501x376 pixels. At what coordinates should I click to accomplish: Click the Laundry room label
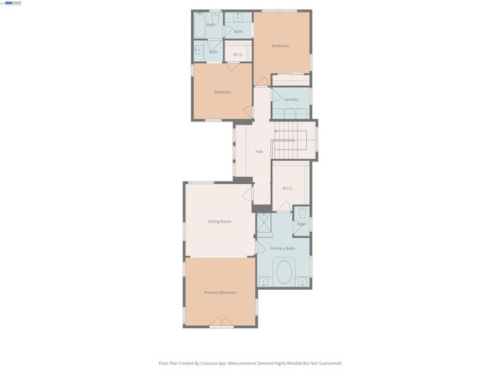coord(291,99)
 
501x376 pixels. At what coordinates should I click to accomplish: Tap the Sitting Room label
coord(219,222)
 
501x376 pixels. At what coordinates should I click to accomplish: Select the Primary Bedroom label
coord(220,292)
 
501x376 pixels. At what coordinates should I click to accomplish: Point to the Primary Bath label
coord(283,248)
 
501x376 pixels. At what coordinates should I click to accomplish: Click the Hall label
coord(259,152)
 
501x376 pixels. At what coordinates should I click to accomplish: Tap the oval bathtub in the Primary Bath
coord(283,273)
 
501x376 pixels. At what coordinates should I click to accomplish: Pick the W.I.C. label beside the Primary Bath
coord(287,188)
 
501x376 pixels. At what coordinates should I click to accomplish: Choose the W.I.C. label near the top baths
coord(238,55)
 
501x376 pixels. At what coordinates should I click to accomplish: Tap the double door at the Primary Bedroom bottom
coord(222,321)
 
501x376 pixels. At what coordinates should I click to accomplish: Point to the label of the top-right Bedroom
coord(280,46)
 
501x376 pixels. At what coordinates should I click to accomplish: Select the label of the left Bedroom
coord(222,92)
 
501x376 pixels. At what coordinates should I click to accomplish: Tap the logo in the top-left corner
coord(12,3)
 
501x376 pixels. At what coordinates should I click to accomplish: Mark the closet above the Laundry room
coord(290,79)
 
